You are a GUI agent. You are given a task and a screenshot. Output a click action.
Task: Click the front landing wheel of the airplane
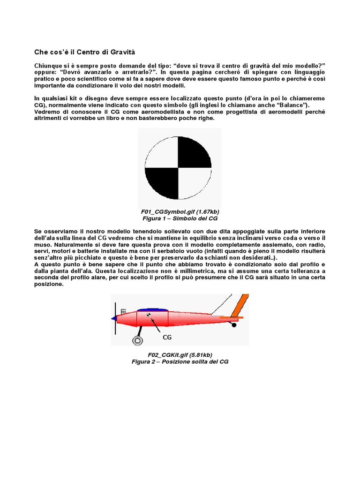[x=138, y=340]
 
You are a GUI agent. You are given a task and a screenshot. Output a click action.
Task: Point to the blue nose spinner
[x=114, y=318]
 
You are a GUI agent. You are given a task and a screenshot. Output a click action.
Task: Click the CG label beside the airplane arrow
[x=167, y=337]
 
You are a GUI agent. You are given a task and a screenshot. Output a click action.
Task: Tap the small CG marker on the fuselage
[x=149, y=315]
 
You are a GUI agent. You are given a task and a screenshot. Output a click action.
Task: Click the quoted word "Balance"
[x=285, y=105]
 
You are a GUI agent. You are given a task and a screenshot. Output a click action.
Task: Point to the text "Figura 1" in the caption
[x=154, y=219]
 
